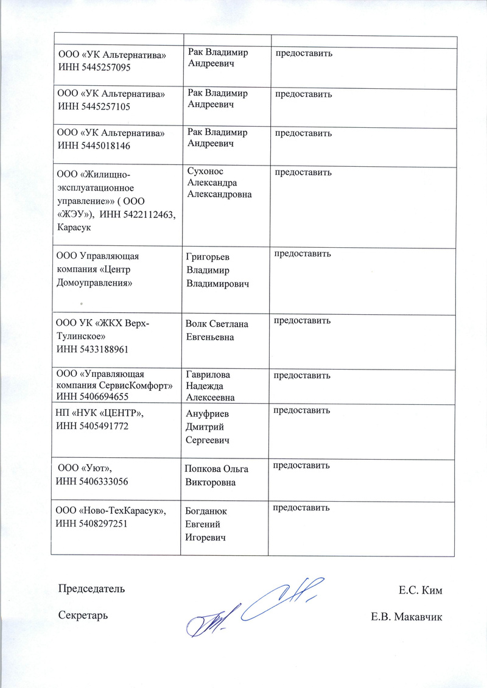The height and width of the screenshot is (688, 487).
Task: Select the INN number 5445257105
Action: [109, 107]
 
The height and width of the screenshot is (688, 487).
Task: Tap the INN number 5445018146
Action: [109, 146]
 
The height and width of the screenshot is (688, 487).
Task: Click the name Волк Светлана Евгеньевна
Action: [217, 330]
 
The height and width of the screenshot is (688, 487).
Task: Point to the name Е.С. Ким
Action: [421, 590]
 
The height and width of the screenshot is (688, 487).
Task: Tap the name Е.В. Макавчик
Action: [407, 617]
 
